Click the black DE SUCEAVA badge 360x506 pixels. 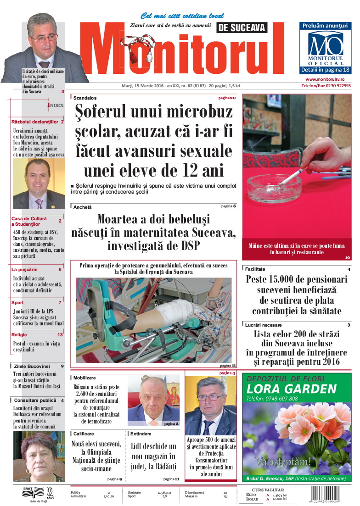242,28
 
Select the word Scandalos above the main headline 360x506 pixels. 85,98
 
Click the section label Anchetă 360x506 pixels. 83,207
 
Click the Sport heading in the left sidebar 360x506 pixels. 17,303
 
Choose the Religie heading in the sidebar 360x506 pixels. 19,335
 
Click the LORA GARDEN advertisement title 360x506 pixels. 291,389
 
